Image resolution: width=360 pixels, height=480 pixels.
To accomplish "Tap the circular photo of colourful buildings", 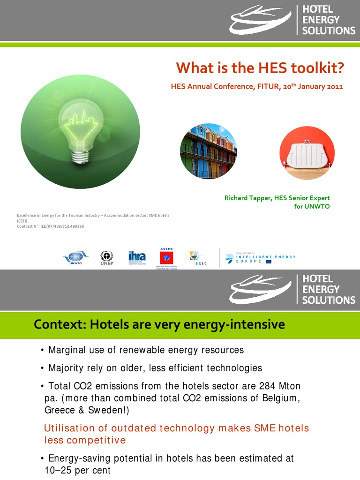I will pyautogui.click(x=209, y=151).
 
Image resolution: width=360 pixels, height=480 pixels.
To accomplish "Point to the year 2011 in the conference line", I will pyautogui.click(x=335, y=87).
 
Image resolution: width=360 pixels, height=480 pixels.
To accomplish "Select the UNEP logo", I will pyautogui.click(x=107, y=257).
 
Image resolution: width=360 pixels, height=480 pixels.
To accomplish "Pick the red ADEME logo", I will pyautogui.click(x=166, y=258).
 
